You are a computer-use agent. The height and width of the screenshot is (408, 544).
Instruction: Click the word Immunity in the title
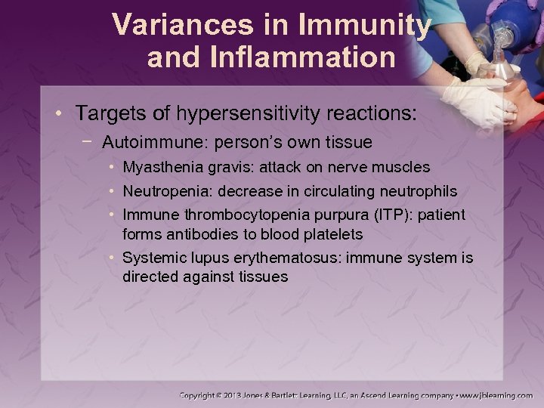(366, 26)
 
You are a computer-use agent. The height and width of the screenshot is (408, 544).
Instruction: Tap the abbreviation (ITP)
(378, 215)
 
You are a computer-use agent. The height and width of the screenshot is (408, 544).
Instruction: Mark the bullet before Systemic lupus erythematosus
(111, 258)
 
